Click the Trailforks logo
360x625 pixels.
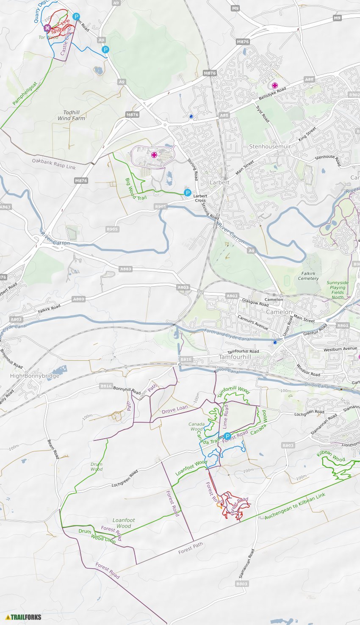(23, 617)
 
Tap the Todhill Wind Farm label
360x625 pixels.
(71, 116)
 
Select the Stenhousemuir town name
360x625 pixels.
(270, 147)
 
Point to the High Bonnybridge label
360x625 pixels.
(28, 376)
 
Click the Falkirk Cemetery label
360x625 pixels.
(308, 276)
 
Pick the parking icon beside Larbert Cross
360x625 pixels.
(188, 193)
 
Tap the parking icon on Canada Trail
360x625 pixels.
(227, 437)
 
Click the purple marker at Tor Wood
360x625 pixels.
(47, 28)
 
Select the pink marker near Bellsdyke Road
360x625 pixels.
(275, 86)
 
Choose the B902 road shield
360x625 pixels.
(354, 95)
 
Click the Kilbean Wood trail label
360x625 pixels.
(331, 456)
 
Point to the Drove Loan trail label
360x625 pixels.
(174, 409)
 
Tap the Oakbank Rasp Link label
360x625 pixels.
(54, 164)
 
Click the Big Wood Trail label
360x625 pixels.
(135, 189)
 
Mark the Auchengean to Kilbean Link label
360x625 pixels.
(295, 506)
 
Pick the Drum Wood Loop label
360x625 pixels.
(97, 536)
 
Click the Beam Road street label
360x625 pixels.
(53, 449)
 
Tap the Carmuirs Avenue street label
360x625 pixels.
(253, 322)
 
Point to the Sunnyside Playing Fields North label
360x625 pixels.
(338, 290)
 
